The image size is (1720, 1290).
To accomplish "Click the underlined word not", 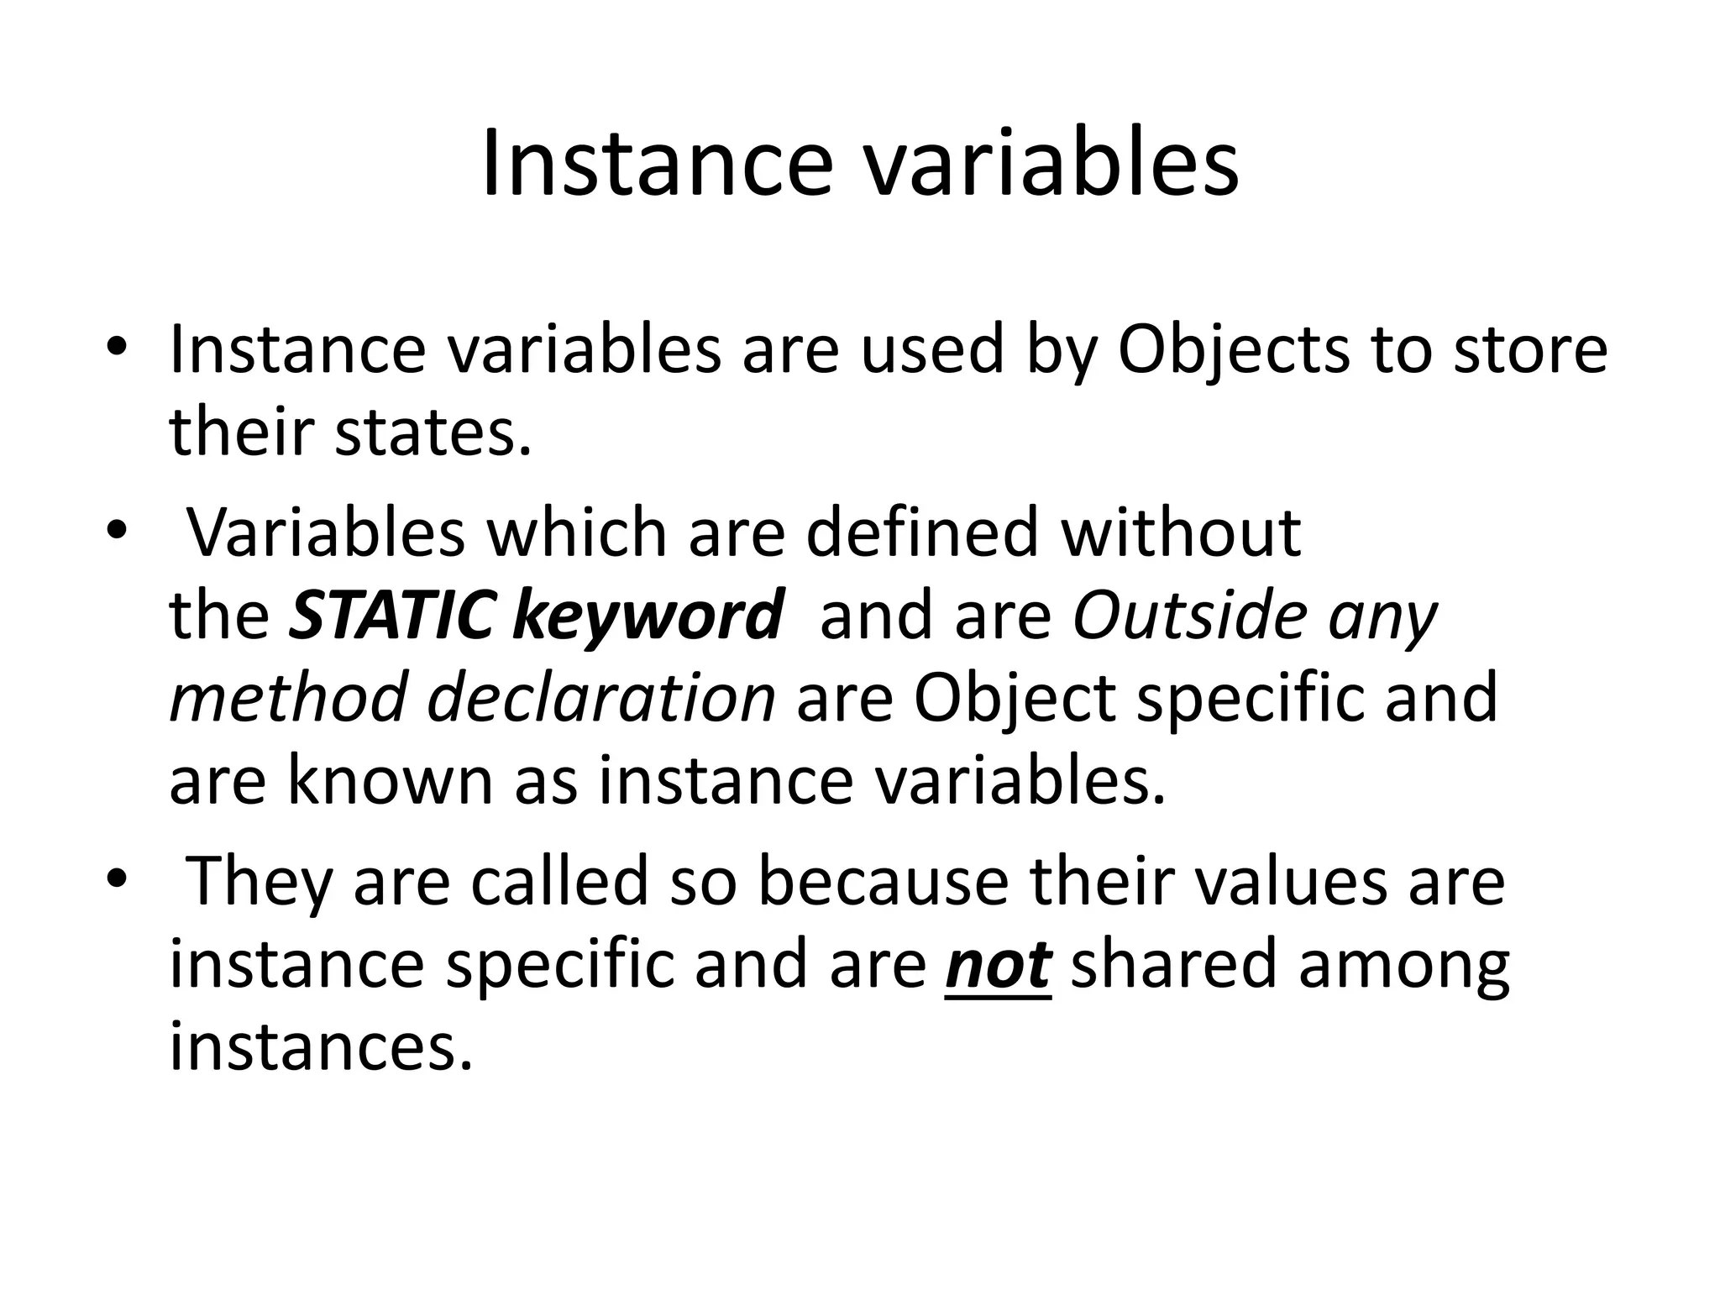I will [998, 966].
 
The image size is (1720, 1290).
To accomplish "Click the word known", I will [391, 781].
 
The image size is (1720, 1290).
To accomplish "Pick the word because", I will [883, 882].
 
